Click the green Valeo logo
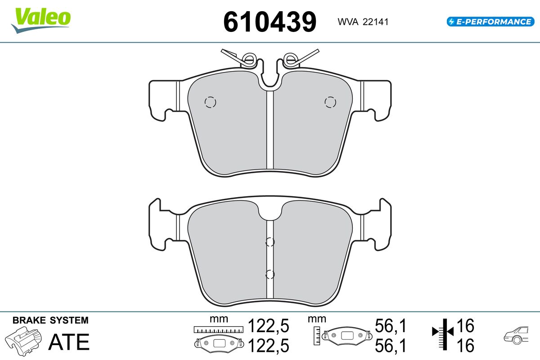[41, 20]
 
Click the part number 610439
[270, 22]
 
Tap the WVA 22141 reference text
[363, 22]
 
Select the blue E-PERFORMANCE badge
[490, 22]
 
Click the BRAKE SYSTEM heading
[50, 320]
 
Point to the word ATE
[69, 342]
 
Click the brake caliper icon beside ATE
[23, 341]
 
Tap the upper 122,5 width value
[268, 326]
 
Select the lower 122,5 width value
[268, 346]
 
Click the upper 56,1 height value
[391, 326]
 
